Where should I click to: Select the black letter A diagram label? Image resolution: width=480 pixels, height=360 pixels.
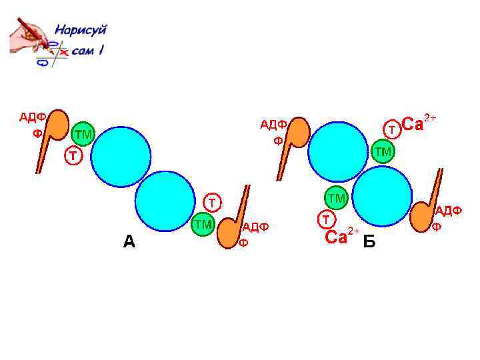click(x=129, y=241)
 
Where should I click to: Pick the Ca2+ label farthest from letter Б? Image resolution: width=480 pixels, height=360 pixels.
click(x=419, y=124)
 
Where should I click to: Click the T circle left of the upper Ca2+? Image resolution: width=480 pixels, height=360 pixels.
click(x=393, y=127)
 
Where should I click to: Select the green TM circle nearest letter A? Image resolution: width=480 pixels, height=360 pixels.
click(x=203, y=225)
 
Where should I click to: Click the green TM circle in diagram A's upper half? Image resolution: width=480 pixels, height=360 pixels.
click(x=83, y=134)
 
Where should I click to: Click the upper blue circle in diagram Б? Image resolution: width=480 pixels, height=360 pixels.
click(x=339, y=152)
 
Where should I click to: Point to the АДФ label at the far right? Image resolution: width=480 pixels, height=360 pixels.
click(x=449, y=211)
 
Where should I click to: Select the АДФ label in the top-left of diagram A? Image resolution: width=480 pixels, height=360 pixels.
click(x=31, y=117)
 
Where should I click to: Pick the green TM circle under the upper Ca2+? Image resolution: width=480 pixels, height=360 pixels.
click(x=383, y=152)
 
